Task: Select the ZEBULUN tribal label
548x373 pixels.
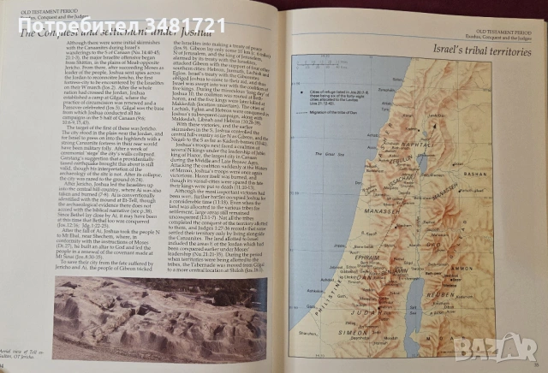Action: point(428,163)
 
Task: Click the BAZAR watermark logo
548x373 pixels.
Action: point(506,346)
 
